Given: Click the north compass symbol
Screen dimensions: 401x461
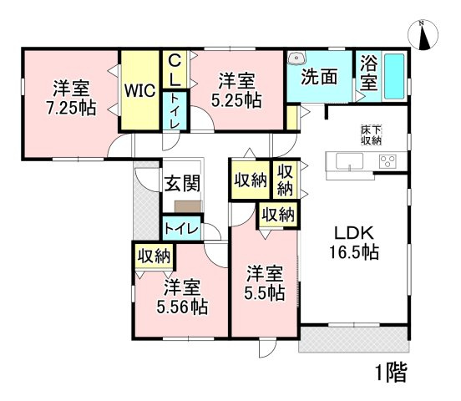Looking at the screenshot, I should point(425,36).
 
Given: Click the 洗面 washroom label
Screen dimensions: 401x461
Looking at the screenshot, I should point(318,77).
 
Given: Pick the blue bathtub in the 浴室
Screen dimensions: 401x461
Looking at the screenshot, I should point(394,79).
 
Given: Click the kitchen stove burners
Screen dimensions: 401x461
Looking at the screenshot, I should point(388,161).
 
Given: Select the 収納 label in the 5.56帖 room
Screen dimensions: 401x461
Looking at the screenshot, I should point(151,256).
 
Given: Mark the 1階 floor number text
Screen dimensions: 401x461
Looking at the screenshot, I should point(389,373).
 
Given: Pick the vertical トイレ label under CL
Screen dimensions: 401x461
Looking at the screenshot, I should point(175,110).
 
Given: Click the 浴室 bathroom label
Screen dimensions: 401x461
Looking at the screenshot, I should point(367,74).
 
